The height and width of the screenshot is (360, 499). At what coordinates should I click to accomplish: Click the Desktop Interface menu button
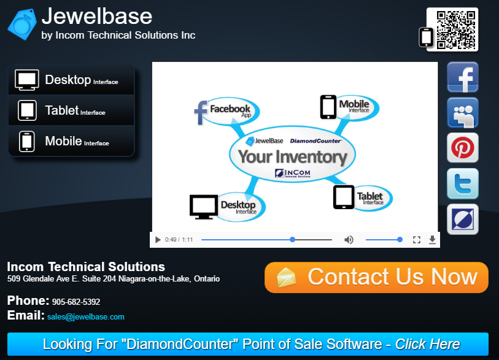[x=71, y=80]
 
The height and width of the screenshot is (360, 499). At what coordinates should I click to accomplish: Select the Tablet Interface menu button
[x=71, y=110]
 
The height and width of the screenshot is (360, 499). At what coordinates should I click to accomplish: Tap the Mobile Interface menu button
[x=71, y=141]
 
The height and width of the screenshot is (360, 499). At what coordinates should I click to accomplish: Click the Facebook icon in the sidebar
[x=462, y=77]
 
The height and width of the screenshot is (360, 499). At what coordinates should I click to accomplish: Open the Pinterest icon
[x=462, y=148]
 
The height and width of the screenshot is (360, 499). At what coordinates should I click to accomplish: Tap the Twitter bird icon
[x=462, y=183]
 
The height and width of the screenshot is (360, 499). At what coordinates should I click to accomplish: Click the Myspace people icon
[x=462, y=113]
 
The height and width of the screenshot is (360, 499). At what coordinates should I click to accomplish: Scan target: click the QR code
[x=456, y=30]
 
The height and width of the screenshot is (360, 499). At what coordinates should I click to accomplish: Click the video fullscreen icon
[x=417, y=240]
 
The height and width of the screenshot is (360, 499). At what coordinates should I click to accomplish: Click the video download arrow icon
[x=432, y=240]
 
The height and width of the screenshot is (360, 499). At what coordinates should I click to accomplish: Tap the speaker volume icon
[x=349, y=240]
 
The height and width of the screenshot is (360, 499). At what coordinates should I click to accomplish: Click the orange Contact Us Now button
[x=376, y=277]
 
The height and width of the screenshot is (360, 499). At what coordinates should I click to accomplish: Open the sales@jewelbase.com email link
[x=85, y=316]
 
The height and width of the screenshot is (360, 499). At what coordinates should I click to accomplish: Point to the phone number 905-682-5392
[x=76, y=302]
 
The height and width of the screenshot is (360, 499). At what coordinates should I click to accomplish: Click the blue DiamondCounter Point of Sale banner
[x=248, y=344]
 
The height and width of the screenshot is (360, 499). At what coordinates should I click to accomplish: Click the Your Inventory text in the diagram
[x=292, y=157]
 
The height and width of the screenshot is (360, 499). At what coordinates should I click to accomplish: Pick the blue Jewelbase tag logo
[x=22, y=25]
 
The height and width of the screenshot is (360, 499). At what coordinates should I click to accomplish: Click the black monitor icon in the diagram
[x=204, y=207]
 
